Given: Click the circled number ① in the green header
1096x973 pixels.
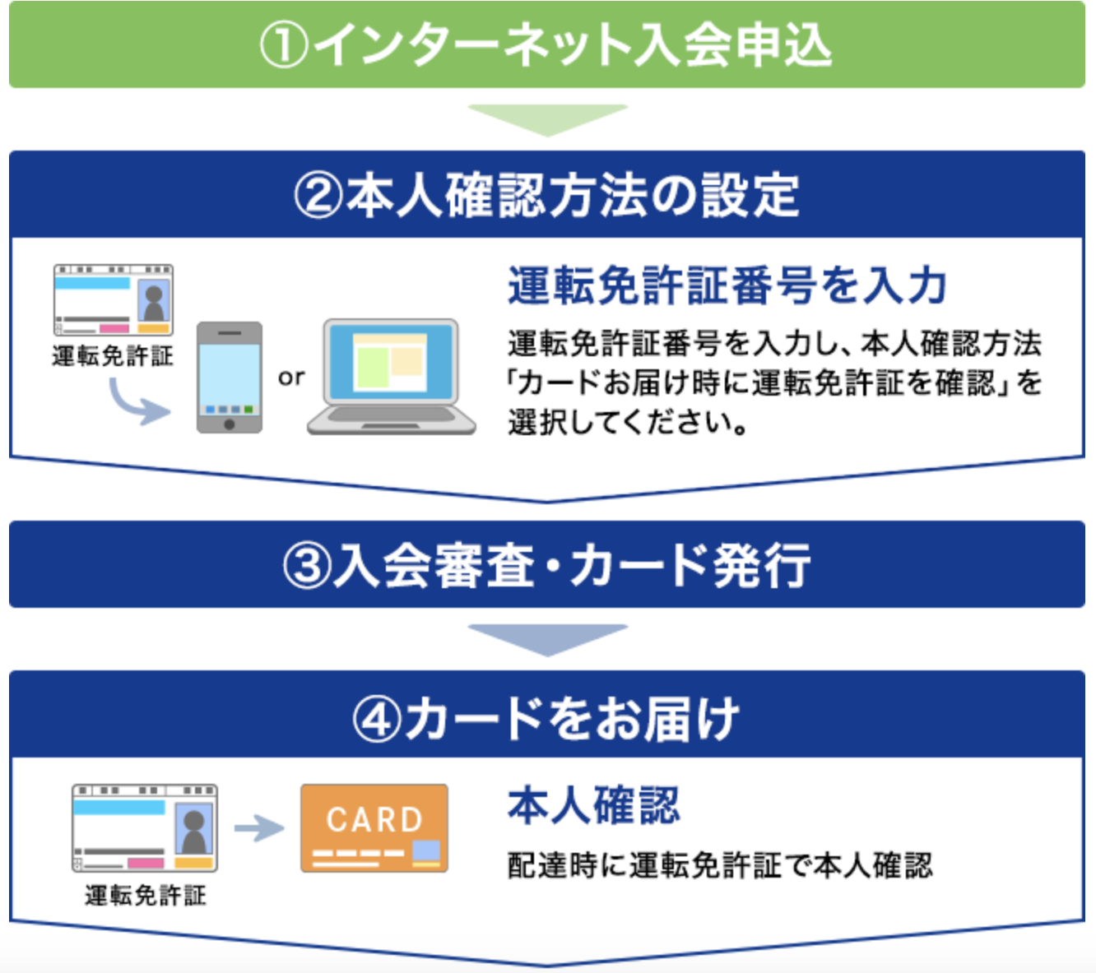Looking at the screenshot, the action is (x=284, y=45).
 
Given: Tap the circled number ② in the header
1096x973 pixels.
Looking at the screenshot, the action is (x=318, y=195).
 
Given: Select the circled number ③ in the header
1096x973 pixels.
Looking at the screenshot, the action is (x=307, y=565).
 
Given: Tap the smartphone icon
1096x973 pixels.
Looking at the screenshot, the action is (x=230, y=378).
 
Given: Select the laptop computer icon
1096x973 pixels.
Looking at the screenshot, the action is (x=391, y=377).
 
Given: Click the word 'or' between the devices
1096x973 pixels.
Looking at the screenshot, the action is (x=291, y=378).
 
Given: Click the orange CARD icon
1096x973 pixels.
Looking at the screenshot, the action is (x=374, y=828).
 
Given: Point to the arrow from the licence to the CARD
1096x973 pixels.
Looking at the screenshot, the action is (x=259, y=828).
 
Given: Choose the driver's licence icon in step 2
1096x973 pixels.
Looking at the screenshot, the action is (x=114, y=299).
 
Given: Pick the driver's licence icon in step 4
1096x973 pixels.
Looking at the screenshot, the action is (x=145, y=828).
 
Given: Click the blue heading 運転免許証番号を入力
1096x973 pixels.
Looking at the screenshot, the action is (x=727, y=286).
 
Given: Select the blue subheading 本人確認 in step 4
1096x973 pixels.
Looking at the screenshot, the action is (x=593, y=805).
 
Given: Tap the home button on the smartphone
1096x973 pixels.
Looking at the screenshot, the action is (x=230, y=424).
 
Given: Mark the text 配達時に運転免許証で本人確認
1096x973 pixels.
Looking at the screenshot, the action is (x=720, y=864).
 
